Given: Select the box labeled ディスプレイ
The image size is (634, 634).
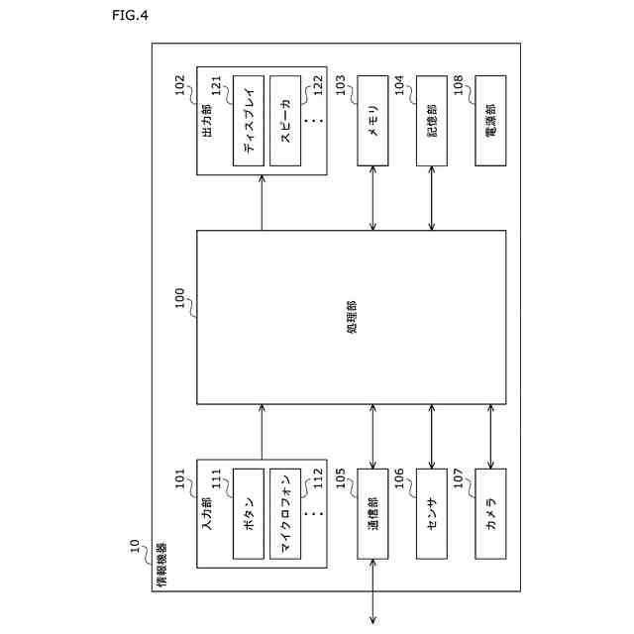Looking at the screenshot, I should tap(248, 121).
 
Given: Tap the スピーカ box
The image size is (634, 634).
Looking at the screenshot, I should tap(284, 121).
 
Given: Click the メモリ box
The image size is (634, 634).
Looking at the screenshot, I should tap(372, 121).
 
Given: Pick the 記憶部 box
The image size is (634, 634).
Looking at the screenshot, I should tap(432, 121).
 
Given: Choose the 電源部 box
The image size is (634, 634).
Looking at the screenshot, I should tap(491, 121).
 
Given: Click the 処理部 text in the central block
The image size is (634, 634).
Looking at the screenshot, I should tap(353, 317).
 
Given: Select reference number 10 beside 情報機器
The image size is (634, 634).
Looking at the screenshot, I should tap(135, 548).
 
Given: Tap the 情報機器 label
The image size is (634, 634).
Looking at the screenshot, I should tap(161, 566).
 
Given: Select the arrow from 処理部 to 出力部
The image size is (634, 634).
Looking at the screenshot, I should tap(263, 202).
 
